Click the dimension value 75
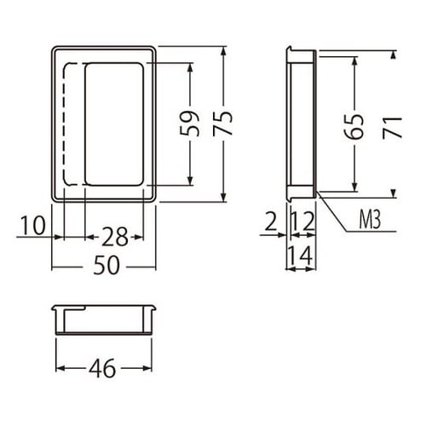[x=223, y=124]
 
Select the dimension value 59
[x=189, y=124]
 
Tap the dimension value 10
[x=33, y=225]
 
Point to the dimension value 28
[x=115, y=236]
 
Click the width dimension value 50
[x=106, y=265]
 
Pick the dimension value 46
[x=102, y=368]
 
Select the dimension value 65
[x=354, y=126]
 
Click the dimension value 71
[x=392, y=128]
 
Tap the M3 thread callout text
[x=370, y=220]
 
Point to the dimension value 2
[x=271, y=222]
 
